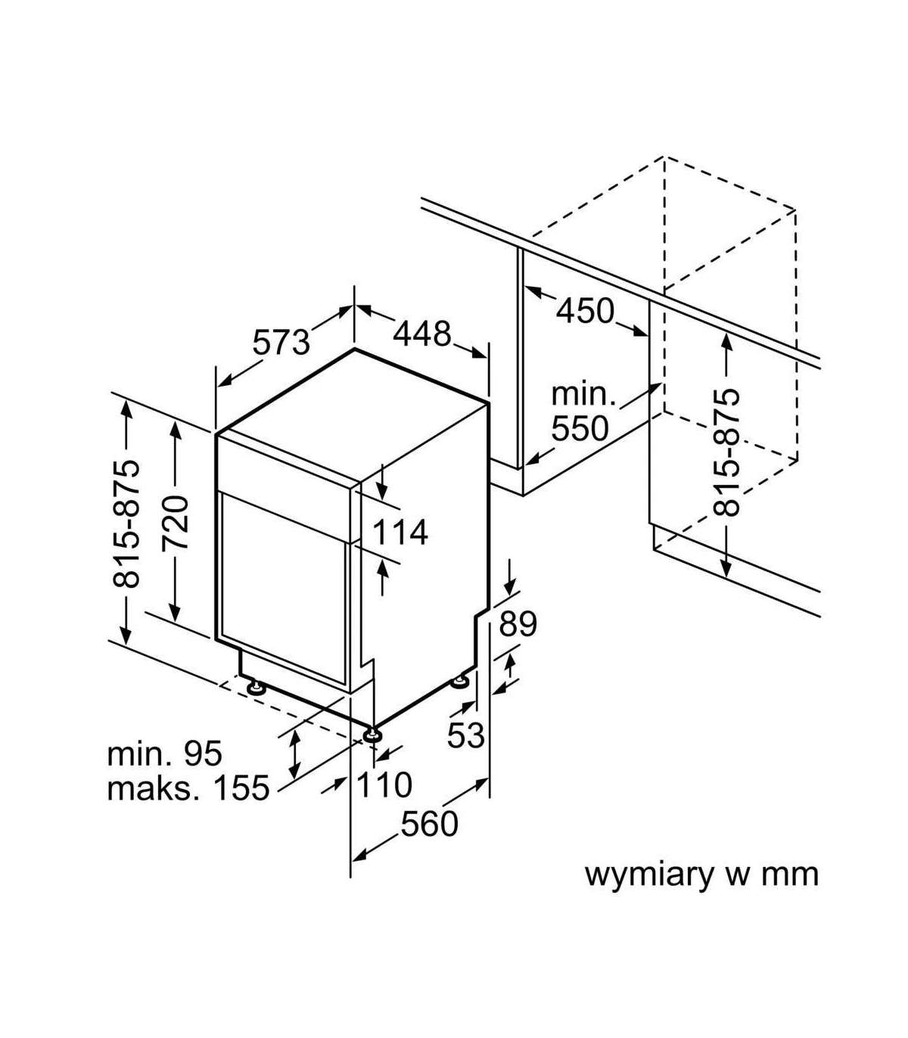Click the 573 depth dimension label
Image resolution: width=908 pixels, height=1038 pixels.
[x=281, y=341]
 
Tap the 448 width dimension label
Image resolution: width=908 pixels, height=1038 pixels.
[x=421, y=333]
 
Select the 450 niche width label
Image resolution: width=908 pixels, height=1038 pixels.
[x=585, y=310]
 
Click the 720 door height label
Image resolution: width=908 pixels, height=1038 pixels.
[x=176, y=522]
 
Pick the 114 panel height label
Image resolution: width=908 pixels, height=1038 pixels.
[x=400, y=533]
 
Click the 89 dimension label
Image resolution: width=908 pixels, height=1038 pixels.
[x=518, y=624]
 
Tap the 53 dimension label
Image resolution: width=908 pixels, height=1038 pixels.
[x=465, y=734]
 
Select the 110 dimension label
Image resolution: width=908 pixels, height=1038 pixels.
[x=384, y=785]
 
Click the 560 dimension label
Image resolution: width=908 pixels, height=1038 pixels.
[x=429, y=824]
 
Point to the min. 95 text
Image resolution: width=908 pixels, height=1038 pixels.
[x=165, y=754]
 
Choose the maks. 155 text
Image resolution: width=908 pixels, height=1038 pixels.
[x=188, y=788]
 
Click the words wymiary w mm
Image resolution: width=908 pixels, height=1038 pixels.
[x=701, y=875]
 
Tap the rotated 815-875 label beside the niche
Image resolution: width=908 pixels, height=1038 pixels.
[x=727, y=452]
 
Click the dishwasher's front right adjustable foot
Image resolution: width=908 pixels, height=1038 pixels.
[x=372, y=734]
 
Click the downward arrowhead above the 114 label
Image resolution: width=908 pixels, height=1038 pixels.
[x=384, y=483]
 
